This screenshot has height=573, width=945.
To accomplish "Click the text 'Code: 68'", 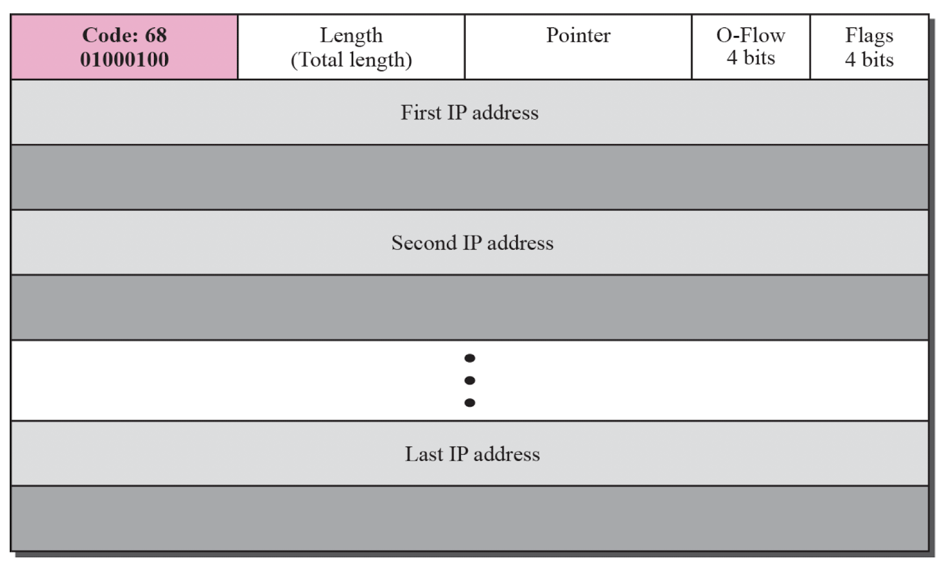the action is (125, 35).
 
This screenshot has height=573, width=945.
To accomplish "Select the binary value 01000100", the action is (125, 59).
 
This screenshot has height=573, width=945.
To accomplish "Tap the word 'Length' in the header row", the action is (351, 36).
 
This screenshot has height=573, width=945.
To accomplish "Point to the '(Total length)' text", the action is (351, 60).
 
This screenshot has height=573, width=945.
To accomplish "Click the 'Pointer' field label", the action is (578, 35).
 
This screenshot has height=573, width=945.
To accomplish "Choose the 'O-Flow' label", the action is (751, 35).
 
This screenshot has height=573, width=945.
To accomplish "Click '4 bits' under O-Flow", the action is (751, 58).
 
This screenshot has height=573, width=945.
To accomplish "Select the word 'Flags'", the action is (869, 36).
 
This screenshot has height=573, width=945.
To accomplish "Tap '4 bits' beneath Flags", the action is (869, 59).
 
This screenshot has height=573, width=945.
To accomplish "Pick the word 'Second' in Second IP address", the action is (424, 243).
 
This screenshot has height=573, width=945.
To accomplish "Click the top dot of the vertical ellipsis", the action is (469, 358).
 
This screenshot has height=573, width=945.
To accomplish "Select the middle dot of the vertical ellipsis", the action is (469, 380).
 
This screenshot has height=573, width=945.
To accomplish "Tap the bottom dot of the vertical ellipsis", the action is (469, 403).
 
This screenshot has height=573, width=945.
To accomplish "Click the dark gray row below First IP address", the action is (469, 178).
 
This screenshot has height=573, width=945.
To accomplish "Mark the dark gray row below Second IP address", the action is (469, 307).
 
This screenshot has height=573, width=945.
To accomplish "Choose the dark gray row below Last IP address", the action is (469, 519).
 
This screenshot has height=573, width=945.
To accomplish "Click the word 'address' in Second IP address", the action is (520, 243).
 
